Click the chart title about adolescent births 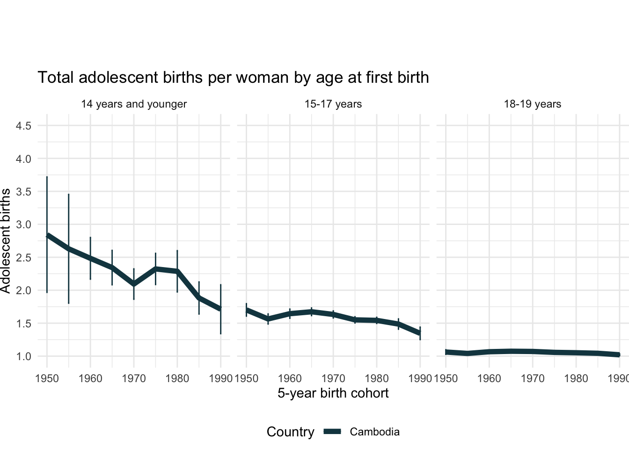click(x=233, y=77)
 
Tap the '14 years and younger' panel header click(x=134, y=104)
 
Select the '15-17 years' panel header click(x=333, y=104)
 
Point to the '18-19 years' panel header click(x=533, y=104)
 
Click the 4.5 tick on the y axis click(x=24, y=126)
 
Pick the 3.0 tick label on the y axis click(x=24, y=224)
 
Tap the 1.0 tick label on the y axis click(x=24, y=356)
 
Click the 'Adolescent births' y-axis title click(x=6, y=241)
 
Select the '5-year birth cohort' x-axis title click(x=333, y=393)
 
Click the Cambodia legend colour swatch click(x=333, y=432)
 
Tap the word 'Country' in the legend click(x=290, y=432)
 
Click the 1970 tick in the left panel click(x=134, y=378)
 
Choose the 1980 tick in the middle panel click(x=377, y=378)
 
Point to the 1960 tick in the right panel click(x=489, y=378)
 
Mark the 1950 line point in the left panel click(x=47, y=236)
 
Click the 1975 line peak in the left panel click(x=155, y=269)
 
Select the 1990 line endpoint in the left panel click(x=220, y=309)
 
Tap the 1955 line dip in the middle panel click(x=268, y=319)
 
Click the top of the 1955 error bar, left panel click(x=69, y=194)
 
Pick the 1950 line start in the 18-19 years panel click(x=446, y=352)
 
